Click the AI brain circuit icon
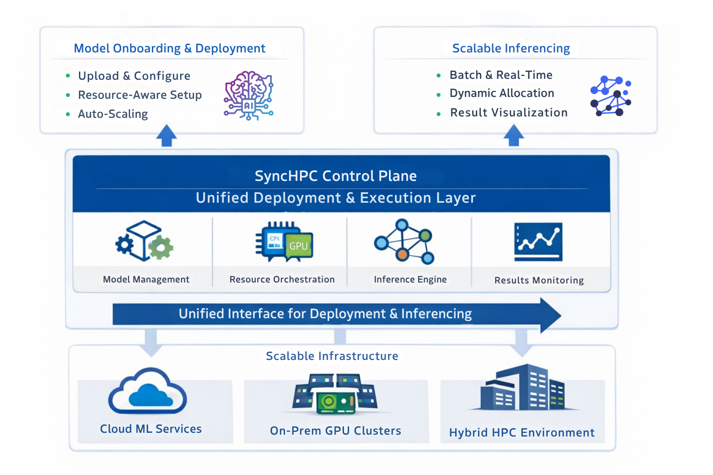pyautogui.click(x=248, y=96)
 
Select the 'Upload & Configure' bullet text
pyautogui.click(x=134, y=76)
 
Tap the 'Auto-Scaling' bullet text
pyautogui.click(x=113, y=114)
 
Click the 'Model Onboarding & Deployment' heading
pyautogui.click(x=169, y=49)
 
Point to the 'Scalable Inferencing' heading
pyautogui.click(x=511, y=49)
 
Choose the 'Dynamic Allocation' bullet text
pyautogui.click(x=502, y=93)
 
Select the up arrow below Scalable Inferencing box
pyautogui.click(x=513, y=135)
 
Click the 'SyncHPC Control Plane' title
pyautogui.click(x=336, y=176)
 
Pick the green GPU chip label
pyautogui.click(x=298, y=246)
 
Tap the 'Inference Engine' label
pyautogui.click(x=410, y=280)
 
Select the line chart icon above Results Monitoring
pyautogui.click(x=538, y=242)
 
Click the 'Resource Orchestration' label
pyautogui.click(x=282, y=280)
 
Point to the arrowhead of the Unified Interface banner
pyautogui.click(x=551, y=315)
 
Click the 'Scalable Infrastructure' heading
pyautogui.click(x=332, y=356)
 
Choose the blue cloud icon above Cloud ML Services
pyautogui.click(x=148, y=392)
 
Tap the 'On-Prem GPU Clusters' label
pyautogui.click(x=335, y=431)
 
